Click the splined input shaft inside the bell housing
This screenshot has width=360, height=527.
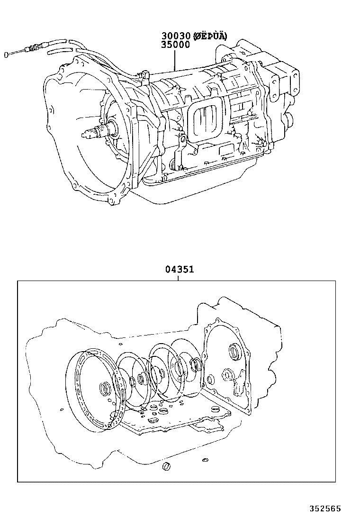pyautogui.click(x=95, y=131)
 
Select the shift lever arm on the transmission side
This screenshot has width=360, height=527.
pyautogui.click(x=180, y=152)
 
